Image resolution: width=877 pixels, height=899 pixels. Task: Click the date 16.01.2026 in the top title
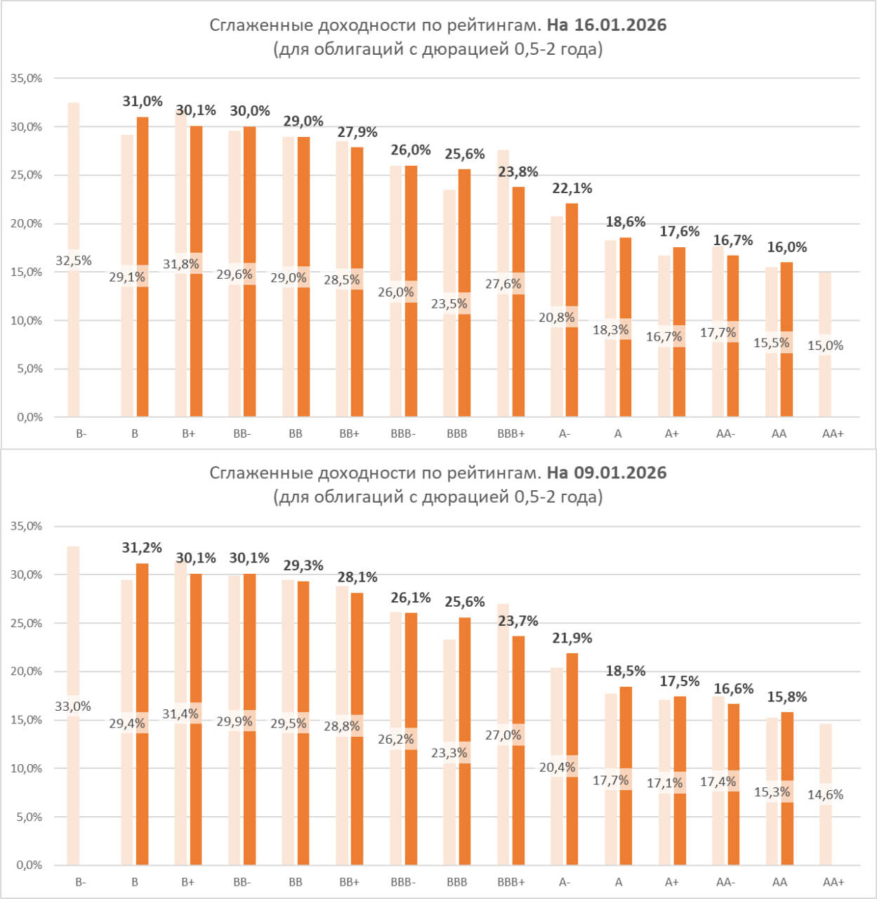coord(620,25)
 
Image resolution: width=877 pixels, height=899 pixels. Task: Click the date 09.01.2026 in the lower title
coord(620,473)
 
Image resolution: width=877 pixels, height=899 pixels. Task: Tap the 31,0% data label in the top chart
coord(143,101)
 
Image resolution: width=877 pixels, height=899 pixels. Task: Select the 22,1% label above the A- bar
coord(572,188)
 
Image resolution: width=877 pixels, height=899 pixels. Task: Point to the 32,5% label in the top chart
coord(74,261)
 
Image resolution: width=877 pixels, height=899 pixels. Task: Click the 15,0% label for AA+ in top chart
coord(825,346)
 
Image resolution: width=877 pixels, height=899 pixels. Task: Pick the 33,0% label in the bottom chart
coord(73,707)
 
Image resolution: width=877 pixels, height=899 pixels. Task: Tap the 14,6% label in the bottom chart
coord(825,794)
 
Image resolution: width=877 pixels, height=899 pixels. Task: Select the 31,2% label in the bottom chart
coord(142,548)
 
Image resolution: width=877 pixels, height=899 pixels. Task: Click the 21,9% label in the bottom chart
coord(572,638)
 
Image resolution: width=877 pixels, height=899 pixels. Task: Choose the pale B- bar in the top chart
coord(74,176)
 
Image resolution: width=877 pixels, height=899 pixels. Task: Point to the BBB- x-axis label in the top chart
coord(403,434)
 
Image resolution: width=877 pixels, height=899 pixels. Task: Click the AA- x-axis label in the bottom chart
coord(725,882)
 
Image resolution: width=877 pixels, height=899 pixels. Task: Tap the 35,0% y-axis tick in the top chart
coord(27,79)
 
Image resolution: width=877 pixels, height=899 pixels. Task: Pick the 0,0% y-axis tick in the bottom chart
coord(29,865)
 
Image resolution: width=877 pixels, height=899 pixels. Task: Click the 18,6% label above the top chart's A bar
coord(626,222)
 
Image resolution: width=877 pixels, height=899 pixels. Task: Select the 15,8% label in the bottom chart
coord(787,697)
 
